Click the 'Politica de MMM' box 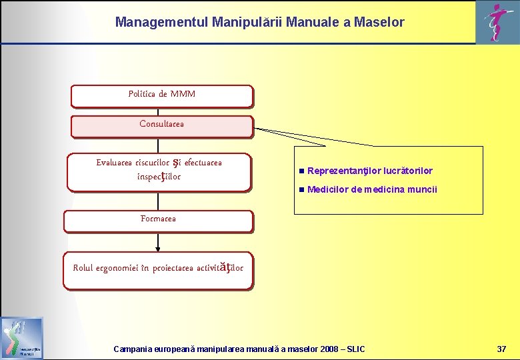tap(162, 95)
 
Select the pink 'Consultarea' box tap(162, 125)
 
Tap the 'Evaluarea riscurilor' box tap(159, 171)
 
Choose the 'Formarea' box tap(159, 220)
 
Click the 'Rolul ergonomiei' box tap(158, 269)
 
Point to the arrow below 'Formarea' tap(158, 241)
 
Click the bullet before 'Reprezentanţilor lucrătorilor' tap(301, 171)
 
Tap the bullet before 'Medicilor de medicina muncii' tap(301, 190)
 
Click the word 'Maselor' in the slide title tap(378, 22)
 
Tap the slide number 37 tap(501, 349)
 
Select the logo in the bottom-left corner tap(22, 338)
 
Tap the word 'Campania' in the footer tap(133, 349)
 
